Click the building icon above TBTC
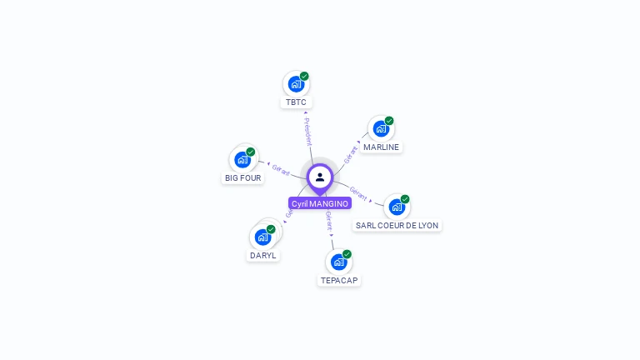point(296,84)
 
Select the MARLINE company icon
point(381,129)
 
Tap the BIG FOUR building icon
point(242,159)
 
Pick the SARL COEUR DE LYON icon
point(397,207)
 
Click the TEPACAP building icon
point(338,262)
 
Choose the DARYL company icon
point(263,237)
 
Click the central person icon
point(320,177)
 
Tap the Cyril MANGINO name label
point(320,203)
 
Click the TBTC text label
point(296,102)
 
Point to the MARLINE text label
point(382,147)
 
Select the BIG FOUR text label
point(243,178)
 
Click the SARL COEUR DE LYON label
point(397,226)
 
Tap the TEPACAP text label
point(339,281)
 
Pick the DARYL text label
point(262,256)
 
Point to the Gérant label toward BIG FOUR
point(282,169)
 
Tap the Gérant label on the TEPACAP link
point(329,221)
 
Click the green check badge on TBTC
point(304,77)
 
